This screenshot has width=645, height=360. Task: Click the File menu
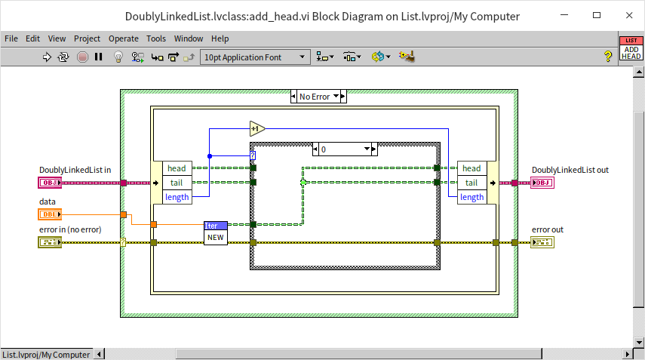[11, 38]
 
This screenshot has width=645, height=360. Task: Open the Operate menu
[123, 38]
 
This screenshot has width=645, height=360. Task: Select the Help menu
[220, 38]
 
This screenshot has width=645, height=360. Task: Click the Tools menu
[156, 38]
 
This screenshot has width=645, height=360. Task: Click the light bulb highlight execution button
[118, 57]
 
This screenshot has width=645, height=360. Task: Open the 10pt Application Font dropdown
[255, 57]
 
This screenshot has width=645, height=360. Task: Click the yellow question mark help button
[607, 57]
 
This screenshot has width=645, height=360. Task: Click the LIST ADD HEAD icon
[631, 48]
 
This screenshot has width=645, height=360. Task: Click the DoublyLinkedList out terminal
[542, 183]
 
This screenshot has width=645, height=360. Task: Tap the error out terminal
[542, 242]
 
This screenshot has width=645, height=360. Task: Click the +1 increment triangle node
[256, 128]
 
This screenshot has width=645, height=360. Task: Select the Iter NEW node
[216, 232]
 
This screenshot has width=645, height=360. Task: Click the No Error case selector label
[318, 97]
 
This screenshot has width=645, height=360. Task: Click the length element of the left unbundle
[177, 197]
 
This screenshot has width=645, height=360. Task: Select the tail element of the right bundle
[471, 183]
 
